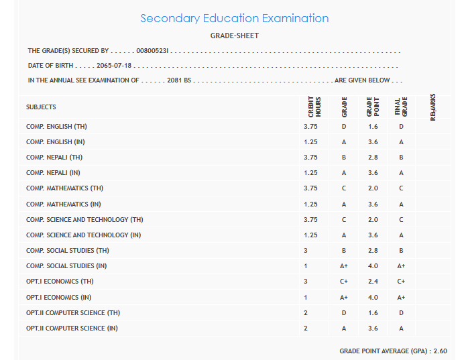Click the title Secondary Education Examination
[234, 18]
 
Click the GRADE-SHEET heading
[234, 36]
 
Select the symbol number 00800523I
[156, 51]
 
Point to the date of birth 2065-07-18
[114, 66]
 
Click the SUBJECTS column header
[41, 107]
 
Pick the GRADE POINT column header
[373, 107]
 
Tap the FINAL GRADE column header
[401, 107]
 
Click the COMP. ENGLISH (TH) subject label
[56, 126]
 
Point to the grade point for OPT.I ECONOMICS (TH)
[373, 282]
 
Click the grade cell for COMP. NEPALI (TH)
[343, 158]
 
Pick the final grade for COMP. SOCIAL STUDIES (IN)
[401, 266]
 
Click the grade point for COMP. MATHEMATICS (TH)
[373, 188]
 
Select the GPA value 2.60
[440, 351]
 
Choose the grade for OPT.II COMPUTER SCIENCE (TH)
[343, 313]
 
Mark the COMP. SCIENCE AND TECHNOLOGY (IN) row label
[83, 235]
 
